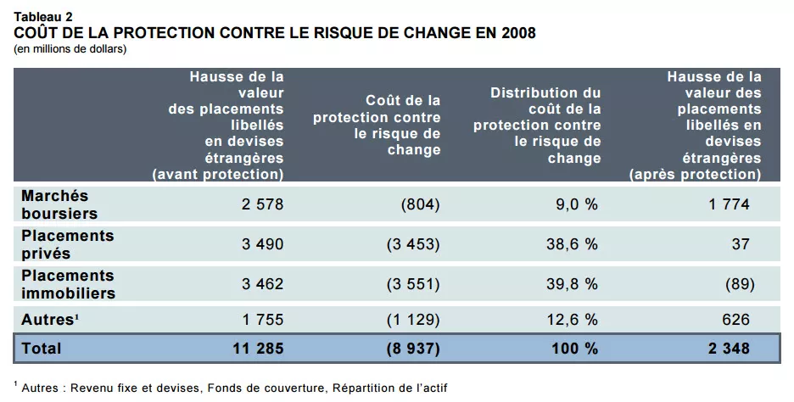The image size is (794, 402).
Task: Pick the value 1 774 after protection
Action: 729,204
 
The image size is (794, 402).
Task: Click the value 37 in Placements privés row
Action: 741,244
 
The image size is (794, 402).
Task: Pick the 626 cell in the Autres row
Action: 735,320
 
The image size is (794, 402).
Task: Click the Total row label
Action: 42,349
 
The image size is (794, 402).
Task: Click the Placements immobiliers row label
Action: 68,284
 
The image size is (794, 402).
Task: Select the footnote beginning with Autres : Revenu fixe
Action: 231,388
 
